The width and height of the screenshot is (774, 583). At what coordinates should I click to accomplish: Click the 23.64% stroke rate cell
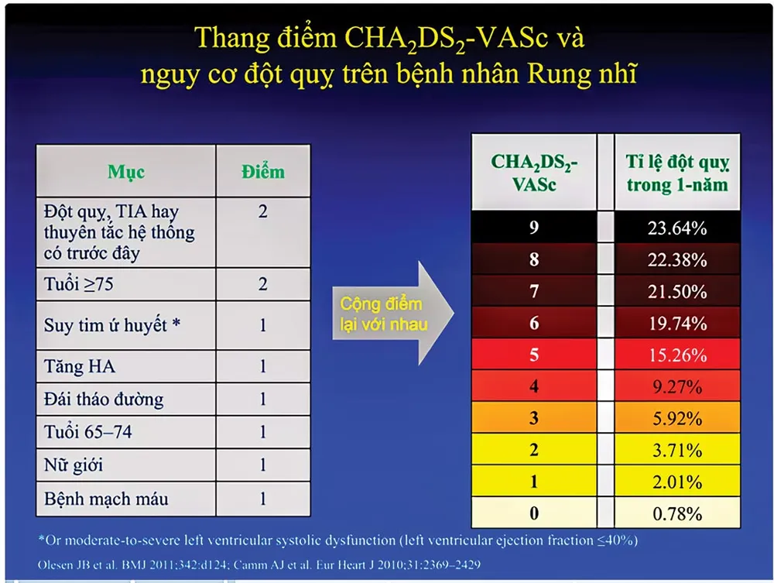(676, 228)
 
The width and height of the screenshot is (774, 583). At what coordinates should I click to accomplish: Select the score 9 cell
(533, 227)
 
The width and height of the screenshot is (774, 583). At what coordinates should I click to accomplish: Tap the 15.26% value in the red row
(677, 355)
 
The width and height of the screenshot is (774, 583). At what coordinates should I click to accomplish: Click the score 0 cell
(533, 513)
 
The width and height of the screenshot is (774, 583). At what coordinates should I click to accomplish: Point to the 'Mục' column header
(126, 172)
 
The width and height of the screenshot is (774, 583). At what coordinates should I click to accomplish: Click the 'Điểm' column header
(262, 172)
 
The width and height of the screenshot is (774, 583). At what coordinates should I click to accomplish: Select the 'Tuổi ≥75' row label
(78, 284)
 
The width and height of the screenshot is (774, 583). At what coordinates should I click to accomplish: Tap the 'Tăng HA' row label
(80, 366)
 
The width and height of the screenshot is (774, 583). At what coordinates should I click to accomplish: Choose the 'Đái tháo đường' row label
(104, 399)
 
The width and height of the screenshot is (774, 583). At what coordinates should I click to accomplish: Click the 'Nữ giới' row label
(73, 465)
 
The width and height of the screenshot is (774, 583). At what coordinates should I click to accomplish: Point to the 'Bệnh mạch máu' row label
(106, 499)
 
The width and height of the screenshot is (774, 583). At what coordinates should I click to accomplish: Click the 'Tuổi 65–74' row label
(88, 432)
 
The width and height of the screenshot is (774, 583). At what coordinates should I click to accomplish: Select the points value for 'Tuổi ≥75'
(262, 284)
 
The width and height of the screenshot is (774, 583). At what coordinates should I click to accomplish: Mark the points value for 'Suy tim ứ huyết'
(262, 325)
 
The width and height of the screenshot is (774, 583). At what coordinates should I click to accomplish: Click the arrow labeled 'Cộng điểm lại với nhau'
(392, 314)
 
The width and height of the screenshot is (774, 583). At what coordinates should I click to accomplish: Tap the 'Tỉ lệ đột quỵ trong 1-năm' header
(677, 173)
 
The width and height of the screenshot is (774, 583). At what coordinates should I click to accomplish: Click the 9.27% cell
(677, 386)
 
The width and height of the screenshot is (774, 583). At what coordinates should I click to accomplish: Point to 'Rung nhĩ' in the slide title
(582, 74)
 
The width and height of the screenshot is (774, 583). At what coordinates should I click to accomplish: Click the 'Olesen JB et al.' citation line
(259, 564)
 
